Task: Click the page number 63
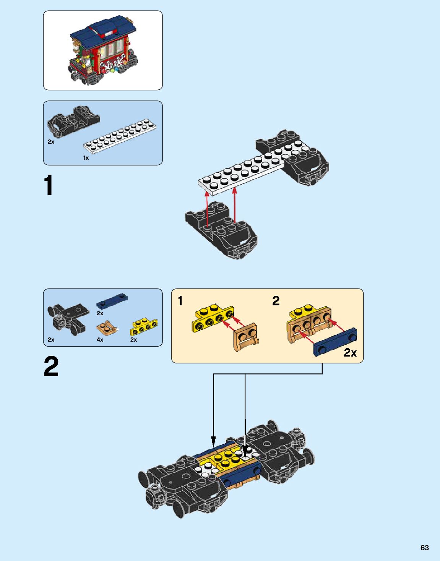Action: pyautogui.click(x=424, y=548)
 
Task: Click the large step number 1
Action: pyautogui.click(x=49, y=186)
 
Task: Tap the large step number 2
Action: pyautogui.click(x=51, y=366)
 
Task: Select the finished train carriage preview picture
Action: pyautogui.click(x=102, y=50)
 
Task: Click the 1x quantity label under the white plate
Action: pyautogui.click(x=86, y=158)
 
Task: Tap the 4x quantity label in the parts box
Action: pyautogui.click(x=100, y=339)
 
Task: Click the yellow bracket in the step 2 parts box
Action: pyautogui.click(x=144, y=327)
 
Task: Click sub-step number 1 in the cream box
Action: pyautogui.click(x=180, y=301)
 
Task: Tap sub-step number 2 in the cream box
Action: pyautogui.click(x=276, y=301)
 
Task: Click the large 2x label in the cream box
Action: pyautogui.click(x=350, y=352)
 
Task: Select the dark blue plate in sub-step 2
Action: pyautogui.click(x=335, y=342)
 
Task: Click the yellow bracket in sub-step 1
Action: pyautogui.click(x=213, y=318)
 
